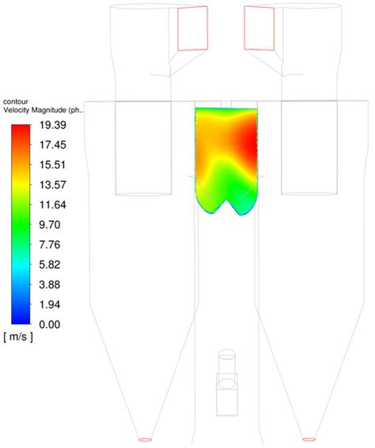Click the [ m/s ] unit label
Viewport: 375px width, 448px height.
click(x=17, y=337)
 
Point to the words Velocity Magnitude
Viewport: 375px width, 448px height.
click(x=36, y=110)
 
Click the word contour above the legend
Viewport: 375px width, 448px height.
click(x=17, y=101)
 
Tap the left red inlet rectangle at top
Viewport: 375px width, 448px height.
click(x=193, y=28)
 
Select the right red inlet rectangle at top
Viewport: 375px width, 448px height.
click(x=259, y=28)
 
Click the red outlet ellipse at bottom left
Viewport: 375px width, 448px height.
click(x=145, y=439)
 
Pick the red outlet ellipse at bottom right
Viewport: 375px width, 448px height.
click(x=309, y=439)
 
